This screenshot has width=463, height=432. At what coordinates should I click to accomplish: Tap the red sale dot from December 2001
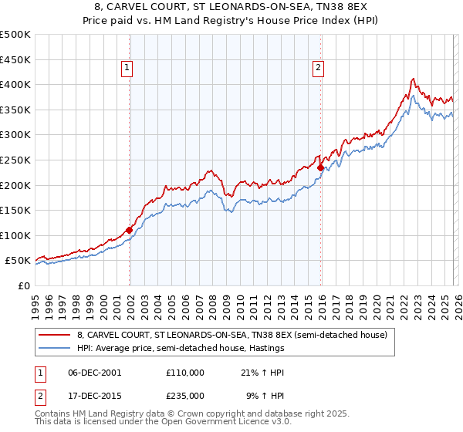coord(129,230)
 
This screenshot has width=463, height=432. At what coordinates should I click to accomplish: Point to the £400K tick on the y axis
coord(15,84)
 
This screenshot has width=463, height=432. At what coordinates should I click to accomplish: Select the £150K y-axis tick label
coord(15,210)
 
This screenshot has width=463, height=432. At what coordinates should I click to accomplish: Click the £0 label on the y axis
coord(23,285)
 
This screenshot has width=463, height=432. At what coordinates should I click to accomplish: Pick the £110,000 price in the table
coord(185,372)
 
